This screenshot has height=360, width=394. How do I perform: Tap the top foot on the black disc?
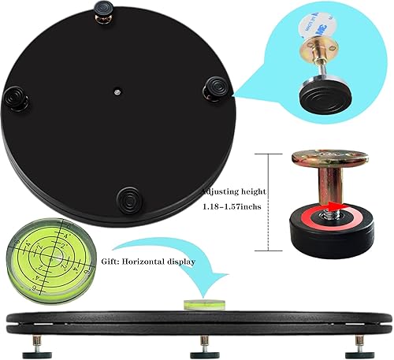click(x=105, y=11)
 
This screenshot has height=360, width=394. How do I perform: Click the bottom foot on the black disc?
click(x=128, y=196)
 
